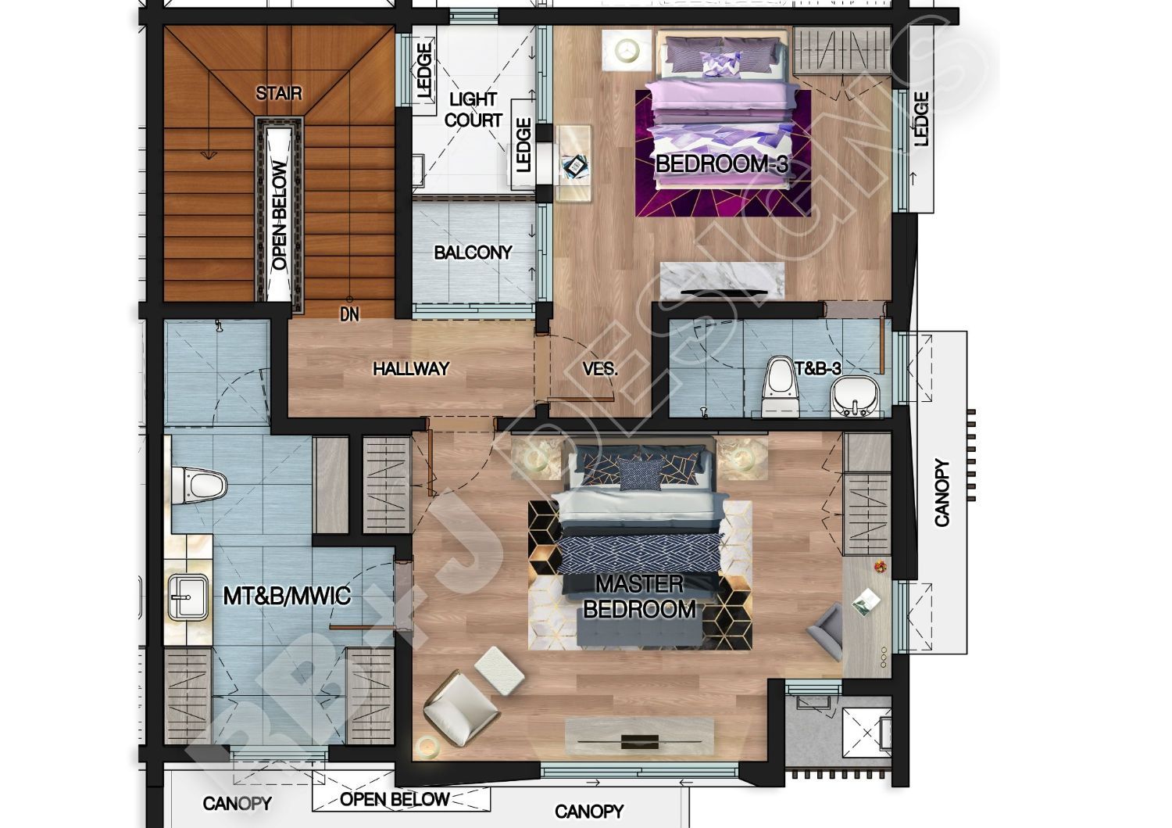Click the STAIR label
pos(278,93)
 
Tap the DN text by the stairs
pos(349,314)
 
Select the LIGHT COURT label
pos(473,109)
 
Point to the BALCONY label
pos(473,253)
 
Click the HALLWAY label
pos(411,369)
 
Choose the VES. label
pos(600,369)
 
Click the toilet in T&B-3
pos(780,386)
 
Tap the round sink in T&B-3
pos(855,396)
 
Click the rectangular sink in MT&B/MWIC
pos(188,597)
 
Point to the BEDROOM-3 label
pos(721,164)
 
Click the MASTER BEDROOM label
pos(639,597)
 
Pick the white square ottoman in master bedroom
pos(500,671)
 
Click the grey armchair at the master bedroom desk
pos(826,632)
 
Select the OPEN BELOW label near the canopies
pos(395,799)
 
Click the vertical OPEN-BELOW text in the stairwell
pos(280,215)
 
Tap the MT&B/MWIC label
pos(287,596)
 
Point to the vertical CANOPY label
pos(942,493)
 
